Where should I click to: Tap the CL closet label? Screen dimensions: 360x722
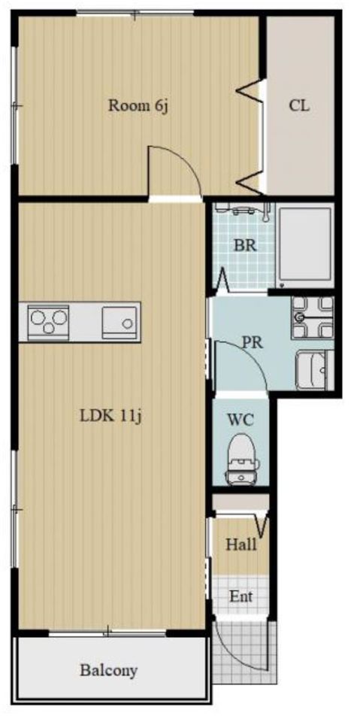click(x=299, y=106)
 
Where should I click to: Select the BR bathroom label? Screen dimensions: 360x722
click(x=245, y=245)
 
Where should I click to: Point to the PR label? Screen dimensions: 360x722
click(x=253, y=343)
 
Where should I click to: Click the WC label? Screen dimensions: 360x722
click(x=241, y=420)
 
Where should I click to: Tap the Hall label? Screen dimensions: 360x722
click(x=241, y=545)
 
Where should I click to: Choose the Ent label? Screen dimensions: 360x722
click(x=241, y=596)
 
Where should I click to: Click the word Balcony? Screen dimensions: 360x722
click(x=109, y=670)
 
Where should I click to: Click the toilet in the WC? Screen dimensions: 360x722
click(x=241, y=460)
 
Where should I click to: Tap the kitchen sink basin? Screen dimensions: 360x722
click(x=119, y=322)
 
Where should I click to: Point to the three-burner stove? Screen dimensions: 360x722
click(x=48, y=321)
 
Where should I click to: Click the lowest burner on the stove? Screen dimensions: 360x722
click(x=48, y=329)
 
